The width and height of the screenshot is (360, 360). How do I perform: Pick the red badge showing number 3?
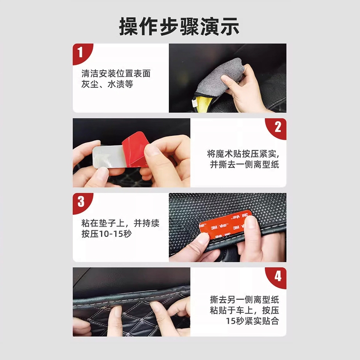[81, 202]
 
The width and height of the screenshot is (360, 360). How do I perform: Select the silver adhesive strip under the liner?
[108, 157]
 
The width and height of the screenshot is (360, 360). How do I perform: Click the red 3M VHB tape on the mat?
[224, 224]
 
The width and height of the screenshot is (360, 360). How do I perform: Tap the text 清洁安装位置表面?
[116, 74]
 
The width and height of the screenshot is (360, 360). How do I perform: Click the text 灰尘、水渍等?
[107, 84]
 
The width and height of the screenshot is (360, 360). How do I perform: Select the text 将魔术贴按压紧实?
[243, 154]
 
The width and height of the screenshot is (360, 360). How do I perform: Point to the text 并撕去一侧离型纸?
[245, 165]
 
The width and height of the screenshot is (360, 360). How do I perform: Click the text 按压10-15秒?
[107, 234]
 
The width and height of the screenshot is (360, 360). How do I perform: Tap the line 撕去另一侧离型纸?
[245, 299]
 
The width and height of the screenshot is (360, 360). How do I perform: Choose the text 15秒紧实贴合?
[253, 321]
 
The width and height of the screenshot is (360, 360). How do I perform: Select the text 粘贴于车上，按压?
[245, 310]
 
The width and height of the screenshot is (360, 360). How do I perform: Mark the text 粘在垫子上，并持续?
[120, 223]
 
